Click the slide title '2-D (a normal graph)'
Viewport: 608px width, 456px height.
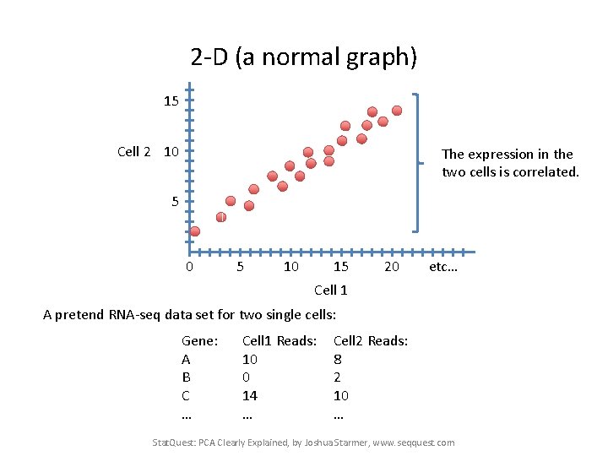pyautogui.click(x=304, y=57)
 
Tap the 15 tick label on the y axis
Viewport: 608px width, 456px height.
pyautogui.click(x=171, y=101)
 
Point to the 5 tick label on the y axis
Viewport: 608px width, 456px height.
pyautogui.click(x=174, y=202)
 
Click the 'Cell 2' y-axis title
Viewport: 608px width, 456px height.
pyautogui.click(x=134, y=152)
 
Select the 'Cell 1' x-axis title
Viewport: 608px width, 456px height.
pyautogui.click(x=330, y=290)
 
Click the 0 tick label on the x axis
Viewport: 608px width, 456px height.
pyautogui.click(x=189, y=267)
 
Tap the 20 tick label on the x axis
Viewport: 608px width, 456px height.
pyautogui.click(x=391, y=267)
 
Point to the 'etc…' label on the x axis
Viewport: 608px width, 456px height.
pyautogui.click(x=442, y=267)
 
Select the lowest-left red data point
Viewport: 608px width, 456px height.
pyautogui.click(x=194, y=231)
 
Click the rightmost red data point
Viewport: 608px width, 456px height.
pyautogui.click(x=397, y=110)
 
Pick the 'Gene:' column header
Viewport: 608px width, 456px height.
pyautogui.click(x=200, y=340)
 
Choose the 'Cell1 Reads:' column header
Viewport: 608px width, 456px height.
pyautogui.click(x=280, y=340)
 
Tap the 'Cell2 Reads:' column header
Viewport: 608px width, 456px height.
pyautogui.click(x=371, y=340)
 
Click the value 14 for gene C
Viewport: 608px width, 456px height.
pyautogui.click(x=249, y=395)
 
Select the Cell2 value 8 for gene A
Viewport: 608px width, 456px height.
pyautogui.click(x=338, y=359)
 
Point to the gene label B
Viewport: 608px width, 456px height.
pyautogui.click(x=186, y=377)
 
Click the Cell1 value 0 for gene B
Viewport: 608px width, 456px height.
pyautogui.click(x=246, y=377)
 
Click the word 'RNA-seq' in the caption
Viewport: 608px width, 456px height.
pyautogui.click(x=135, y=315)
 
